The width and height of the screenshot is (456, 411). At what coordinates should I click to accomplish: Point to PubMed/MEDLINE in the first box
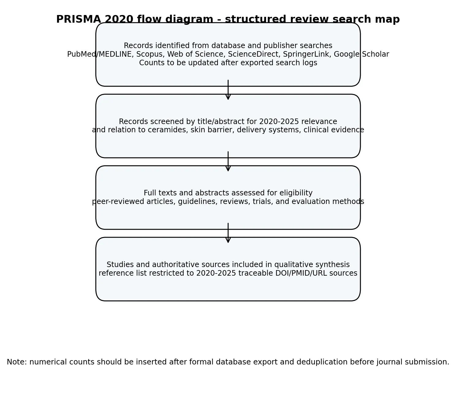[99, 54]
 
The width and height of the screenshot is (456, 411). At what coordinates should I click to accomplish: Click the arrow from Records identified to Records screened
[228, 90]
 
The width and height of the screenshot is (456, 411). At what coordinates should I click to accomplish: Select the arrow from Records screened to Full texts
[228, 161]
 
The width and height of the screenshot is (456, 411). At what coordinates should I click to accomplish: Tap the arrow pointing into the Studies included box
[228, 233]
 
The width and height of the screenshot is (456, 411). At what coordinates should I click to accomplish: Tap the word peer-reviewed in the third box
[118, 202]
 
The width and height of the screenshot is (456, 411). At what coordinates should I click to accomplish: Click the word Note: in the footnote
[17, 362]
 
